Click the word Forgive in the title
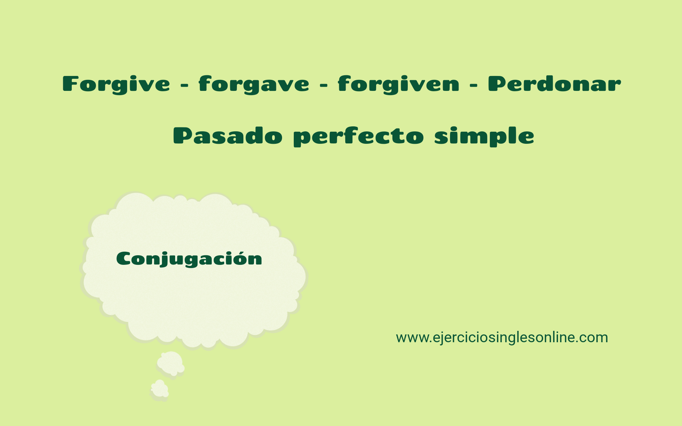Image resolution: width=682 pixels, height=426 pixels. tap(116, 84)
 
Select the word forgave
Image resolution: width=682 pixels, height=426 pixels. tap(254, 84)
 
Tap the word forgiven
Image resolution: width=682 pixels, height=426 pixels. tap(398, 84)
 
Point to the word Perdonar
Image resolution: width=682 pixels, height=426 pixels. tap(554, 84)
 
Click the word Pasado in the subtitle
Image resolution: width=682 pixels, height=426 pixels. tap(228, 136)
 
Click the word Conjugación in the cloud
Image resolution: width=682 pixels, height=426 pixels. tap(189, 259)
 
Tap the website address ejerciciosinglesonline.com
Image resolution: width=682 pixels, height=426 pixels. tap(502, 337)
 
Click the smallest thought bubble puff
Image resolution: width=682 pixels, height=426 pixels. tap(159, 389)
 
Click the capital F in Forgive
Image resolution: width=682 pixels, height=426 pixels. tap(70, 84)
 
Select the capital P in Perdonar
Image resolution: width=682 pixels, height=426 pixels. tap(497, 84)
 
